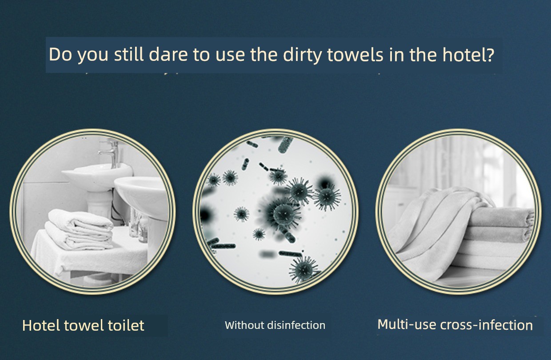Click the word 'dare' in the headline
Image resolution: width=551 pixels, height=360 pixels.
click(168, 54)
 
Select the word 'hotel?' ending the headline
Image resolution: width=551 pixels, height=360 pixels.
click(468, 54)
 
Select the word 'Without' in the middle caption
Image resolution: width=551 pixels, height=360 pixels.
click(244, 325)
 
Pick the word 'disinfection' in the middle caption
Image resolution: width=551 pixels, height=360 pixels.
click(296, 325)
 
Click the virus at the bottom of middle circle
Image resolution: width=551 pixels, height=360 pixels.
click(304, 269)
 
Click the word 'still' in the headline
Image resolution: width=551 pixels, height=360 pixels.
click(129, 54)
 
